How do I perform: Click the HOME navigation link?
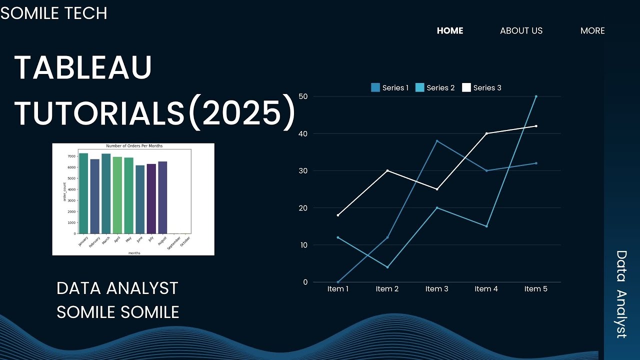(450, 31)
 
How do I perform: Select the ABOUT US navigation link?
(521, 31)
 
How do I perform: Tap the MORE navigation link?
(592, 31)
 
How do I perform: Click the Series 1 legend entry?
(389, 88)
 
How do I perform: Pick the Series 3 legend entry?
(481, 88)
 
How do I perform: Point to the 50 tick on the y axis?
(302, 96)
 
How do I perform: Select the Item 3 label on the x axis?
(436, 289)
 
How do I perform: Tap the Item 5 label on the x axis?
(535, 289)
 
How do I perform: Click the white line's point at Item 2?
(387, 170)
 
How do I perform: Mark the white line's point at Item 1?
(338, 215)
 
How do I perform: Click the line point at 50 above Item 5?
(536, 96)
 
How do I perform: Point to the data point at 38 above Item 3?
(437, 141)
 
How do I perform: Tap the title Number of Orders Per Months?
(134, 146)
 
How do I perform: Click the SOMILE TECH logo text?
(54, 13)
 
